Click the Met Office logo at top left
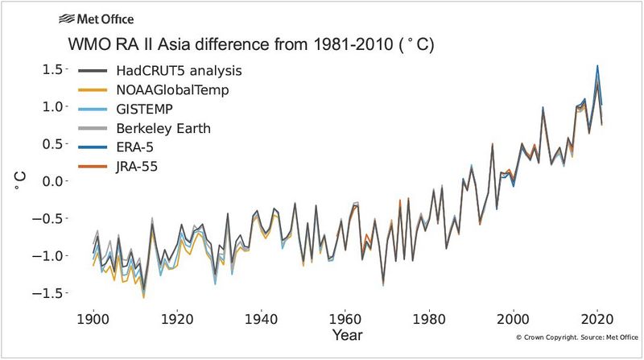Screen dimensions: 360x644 click(x=96, y=19)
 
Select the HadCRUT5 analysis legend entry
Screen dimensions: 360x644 click(x=189, y=71)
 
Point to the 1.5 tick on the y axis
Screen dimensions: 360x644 click(x=54, y=69)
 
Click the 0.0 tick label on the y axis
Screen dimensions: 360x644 click(x=54, y=181)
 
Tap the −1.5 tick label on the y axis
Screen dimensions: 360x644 click(x=50, y=293)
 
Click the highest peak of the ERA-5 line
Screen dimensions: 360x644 click(x=597, y=66)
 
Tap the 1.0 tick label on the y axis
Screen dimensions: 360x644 click(x=54, y=106)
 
